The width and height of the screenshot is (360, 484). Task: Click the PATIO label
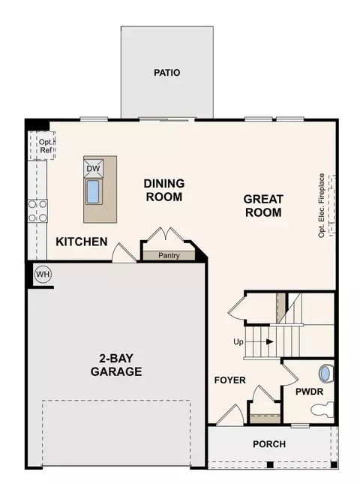pyautogui.click(x=167, y=73)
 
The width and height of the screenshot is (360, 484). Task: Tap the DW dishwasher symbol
pyautogui.click(x=94, y=169)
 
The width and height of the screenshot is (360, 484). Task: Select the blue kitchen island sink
pyautogui.click(x=92, y=192)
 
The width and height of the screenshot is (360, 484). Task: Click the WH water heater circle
pyautogui.click(x=43, y=275)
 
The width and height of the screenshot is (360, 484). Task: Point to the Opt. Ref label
pyautogui.click(x=46, y=146)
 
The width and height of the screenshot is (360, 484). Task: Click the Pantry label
pyautogui.click(x=169, y=256)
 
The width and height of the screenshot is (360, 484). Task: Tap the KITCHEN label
pyautogui.click(x=82, y=242)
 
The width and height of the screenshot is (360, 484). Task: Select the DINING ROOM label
pyautogui.click(x=164, y=190)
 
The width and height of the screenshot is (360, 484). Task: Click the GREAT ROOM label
pyautogui.click(x=263, y=206)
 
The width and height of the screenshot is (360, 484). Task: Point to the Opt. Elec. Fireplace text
pyautogui.click(x=322, y=206)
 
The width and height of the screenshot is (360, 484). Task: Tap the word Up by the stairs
pyautogui.click(x=238, y=342)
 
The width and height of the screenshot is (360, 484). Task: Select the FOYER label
pyautogui.click(x=230, y=380)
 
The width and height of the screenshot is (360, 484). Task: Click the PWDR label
pyautogui.click(x=310, y=392)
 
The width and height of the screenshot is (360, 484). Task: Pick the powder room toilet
pyautogui.click(x=322, y=410)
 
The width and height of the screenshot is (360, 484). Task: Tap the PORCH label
pyautogui.click(x=269, y=444)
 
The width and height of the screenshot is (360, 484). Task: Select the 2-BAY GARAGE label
pyautogui.click(x=116, y=365)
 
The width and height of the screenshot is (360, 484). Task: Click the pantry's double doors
pyautogui.click(x=166, y=235)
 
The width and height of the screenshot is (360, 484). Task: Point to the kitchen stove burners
pyautogui.click(x=37, y=211)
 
